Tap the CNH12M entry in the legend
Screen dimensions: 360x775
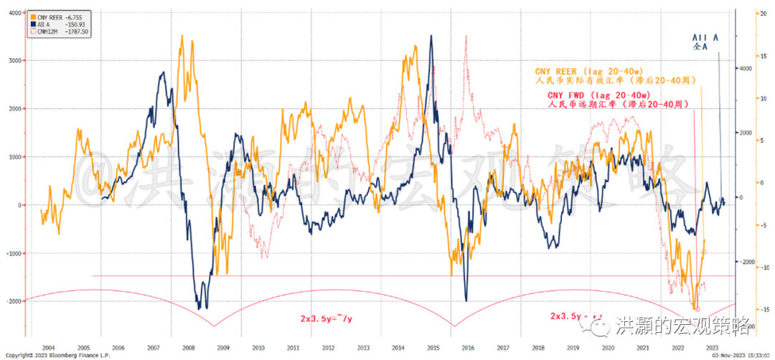pos(44,31)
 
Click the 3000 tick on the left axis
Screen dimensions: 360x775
pos(14,61)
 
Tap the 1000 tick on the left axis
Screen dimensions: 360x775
pos(14,157)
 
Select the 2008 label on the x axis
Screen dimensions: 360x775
pos(188,346)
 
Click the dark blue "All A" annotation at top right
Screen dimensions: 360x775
pos(705,37)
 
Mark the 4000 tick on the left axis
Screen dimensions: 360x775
pos(14,13)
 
